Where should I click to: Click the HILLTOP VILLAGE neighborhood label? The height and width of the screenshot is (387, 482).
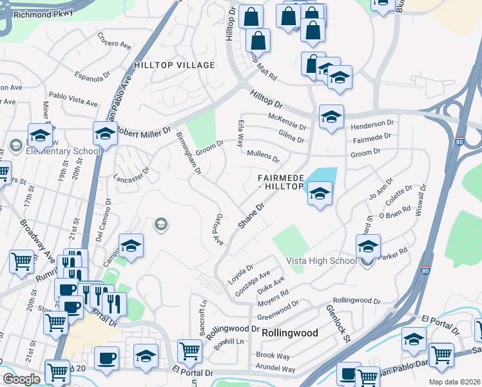click(174, 66)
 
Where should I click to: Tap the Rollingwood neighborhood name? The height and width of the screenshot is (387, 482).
click(290, 333)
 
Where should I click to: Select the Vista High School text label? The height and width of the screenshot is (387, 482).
click(321, 261)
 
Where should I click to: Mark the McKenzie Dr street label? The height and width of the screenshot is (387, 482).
click(287, 117)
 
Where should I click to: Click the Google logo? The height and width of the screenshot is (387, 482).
click(21, 379)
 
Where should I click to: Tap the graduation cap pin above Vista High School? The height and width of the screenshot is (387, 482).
click(368, 246)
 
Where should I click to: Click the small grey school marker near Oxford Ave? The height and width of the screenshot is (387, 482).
click(160, 224)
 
